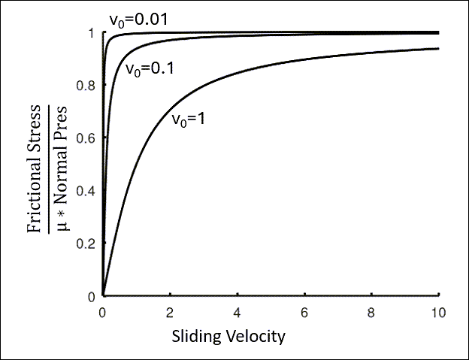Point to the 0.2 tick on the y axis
tap(89, 244)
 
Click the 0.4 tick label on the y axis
tap(89, 191)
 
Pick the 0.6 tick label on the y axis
tap(89, 138)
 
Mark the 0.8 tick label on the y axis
tap(89, 86)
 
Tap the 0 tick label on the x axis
tap(103, 310)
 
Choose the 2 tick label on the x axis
tap(171, 310)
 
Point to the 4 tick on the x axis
tap(238, 310)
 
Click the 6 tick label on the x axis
tap(305, 310)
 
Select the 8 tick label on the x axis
tap(372, 310)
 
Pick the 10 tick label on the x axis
tap(439, 310)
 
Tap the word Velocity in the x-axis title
tap(256, 336)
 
